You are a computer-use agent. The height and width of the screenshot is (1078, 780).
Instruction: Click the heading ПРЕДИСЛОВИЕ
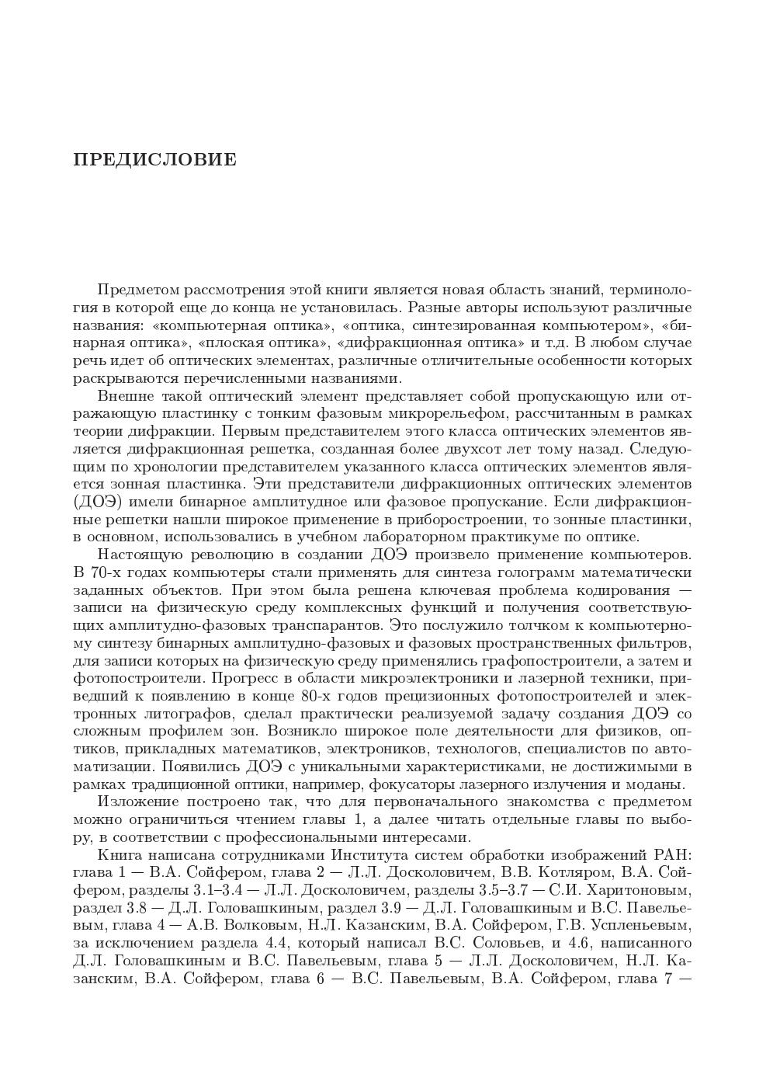tap(154, 160)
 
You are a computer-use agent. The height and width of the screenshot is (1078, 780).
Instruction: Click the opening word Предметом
tap(138, 290)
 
